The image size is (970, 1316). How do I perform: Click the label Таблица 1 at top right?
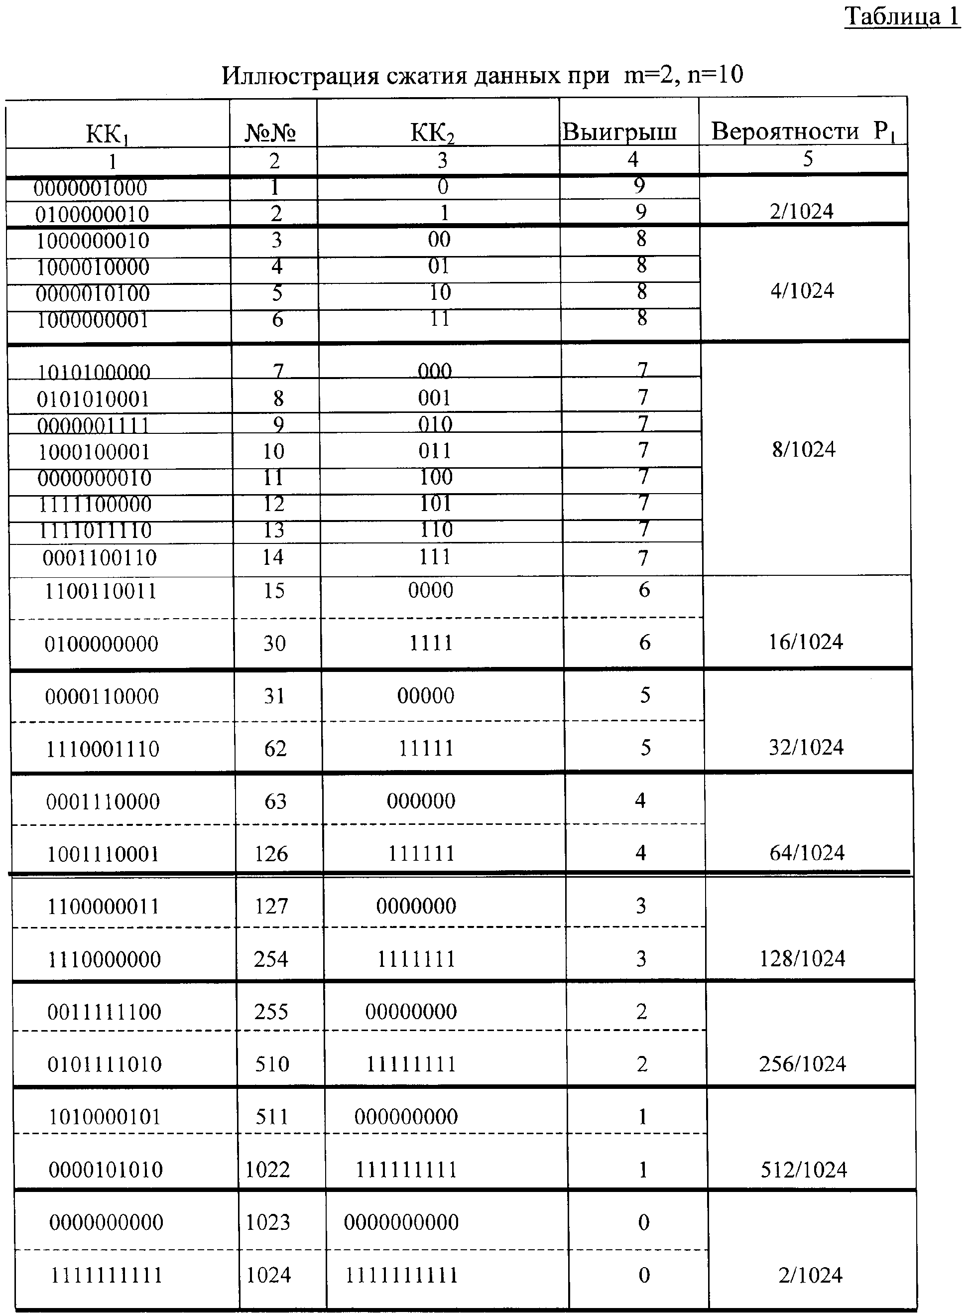tap(902, 16)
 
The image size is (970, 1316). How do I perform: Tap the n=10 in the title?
tap(715, 75)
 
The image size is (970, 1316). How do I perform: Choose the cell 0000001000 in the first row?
tap(91, 188)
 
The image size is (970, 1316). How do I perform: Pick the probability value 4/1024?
tap(802, 291)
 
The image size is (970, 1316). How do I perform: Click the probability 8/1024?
tap(803, 450)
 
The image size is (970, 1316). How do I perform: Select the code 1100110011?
tap(101, 591)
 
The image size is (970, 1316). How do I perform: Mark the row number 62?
tap(275, 749)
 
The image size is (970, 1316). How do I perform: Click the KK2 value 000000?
tap(421, 801)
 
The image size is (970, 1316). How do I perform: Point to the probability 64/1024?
tap(807, 853)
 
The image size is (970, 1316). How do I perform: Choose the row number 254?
tap(271, 959)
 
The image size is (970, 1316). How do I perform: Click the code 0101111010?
tap(105, 1064)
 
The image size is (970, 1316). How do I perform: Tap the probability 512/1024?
tap(804, 1170)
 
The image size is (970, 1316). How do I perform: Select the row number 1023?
tap(268, 1222)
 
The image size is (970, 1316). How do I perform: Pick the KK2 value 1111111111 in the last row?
tap(401, 1275)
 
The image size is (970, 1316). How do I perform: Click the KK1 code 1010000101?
tap(105, 1116)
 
